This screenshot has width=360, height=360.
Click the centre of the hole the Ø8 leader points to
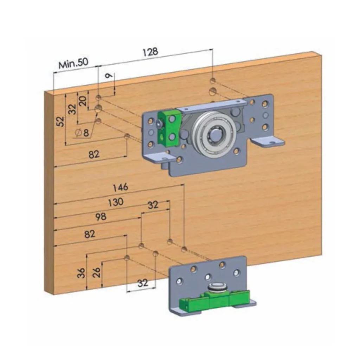coord(98,108)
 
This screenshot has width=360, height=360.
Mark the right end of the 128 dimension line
coord(213,49)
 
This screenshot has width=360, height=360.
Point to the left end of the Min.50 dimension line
coord(53,73)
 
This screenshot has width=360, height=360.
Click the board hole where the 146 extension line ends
coord(184,249)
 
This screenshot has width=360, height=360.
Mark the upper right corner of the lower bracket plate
coord(246,256)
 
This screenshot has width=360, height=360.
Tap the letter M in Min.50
coord(63,65)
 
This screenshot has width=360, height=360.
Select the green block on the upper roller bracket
coord(169,128)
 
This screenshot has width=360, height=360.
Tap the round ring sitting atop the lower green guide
coord(217,287)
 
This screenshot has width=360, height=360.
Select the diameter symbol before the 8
coord(78,133)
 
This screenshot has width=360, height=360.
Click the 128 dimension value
coord(150,52)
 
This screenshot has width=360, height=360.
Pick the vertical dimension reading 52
coord(60,121)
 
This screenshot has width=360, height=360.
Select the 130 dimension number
coord(116,202)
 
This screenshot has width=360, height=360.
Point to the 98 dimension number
coord(101,217)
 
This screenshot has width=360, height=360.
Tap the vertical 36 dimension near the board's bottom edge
coord(81,273)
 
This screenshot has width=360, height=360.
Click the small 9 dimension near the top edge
coord(110,76)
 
